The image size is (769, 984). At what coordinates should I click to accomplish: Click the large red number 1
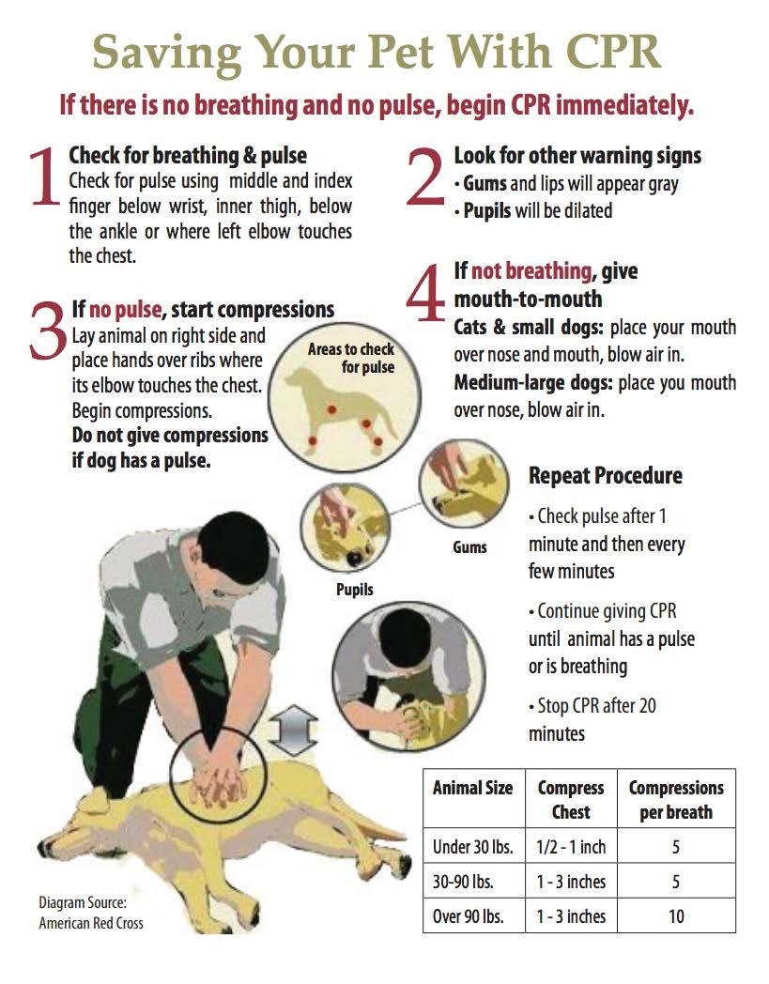click(43, 177)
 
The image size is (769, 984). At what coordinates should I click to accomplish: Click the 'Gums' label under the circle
click(469, 546)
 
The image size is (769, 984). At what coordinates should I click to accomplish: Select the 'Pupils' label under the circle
click(355, 590)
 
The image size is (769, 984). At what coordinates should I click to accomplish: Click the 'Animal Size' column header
click(472, 788)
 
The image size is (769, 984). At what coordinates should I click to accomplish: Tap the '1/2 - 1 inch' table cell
click(571, 847)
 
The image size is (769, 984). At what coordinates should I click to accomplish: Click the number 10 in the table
click(676, 916)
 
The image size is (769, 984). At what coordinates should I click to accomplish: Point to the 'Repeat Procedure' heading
click(605, 476)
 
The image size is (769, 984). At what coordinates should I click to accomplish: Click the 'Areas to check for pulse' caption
click(351, 358)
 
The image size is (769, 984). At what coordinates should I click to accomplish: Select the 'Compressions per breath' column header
click(676, 799)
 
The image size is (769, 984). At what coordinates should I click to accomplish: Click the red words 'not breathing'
click(531, 271)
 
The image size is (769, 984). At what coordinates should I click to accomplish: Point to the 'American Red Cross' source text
click(91, 923)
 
